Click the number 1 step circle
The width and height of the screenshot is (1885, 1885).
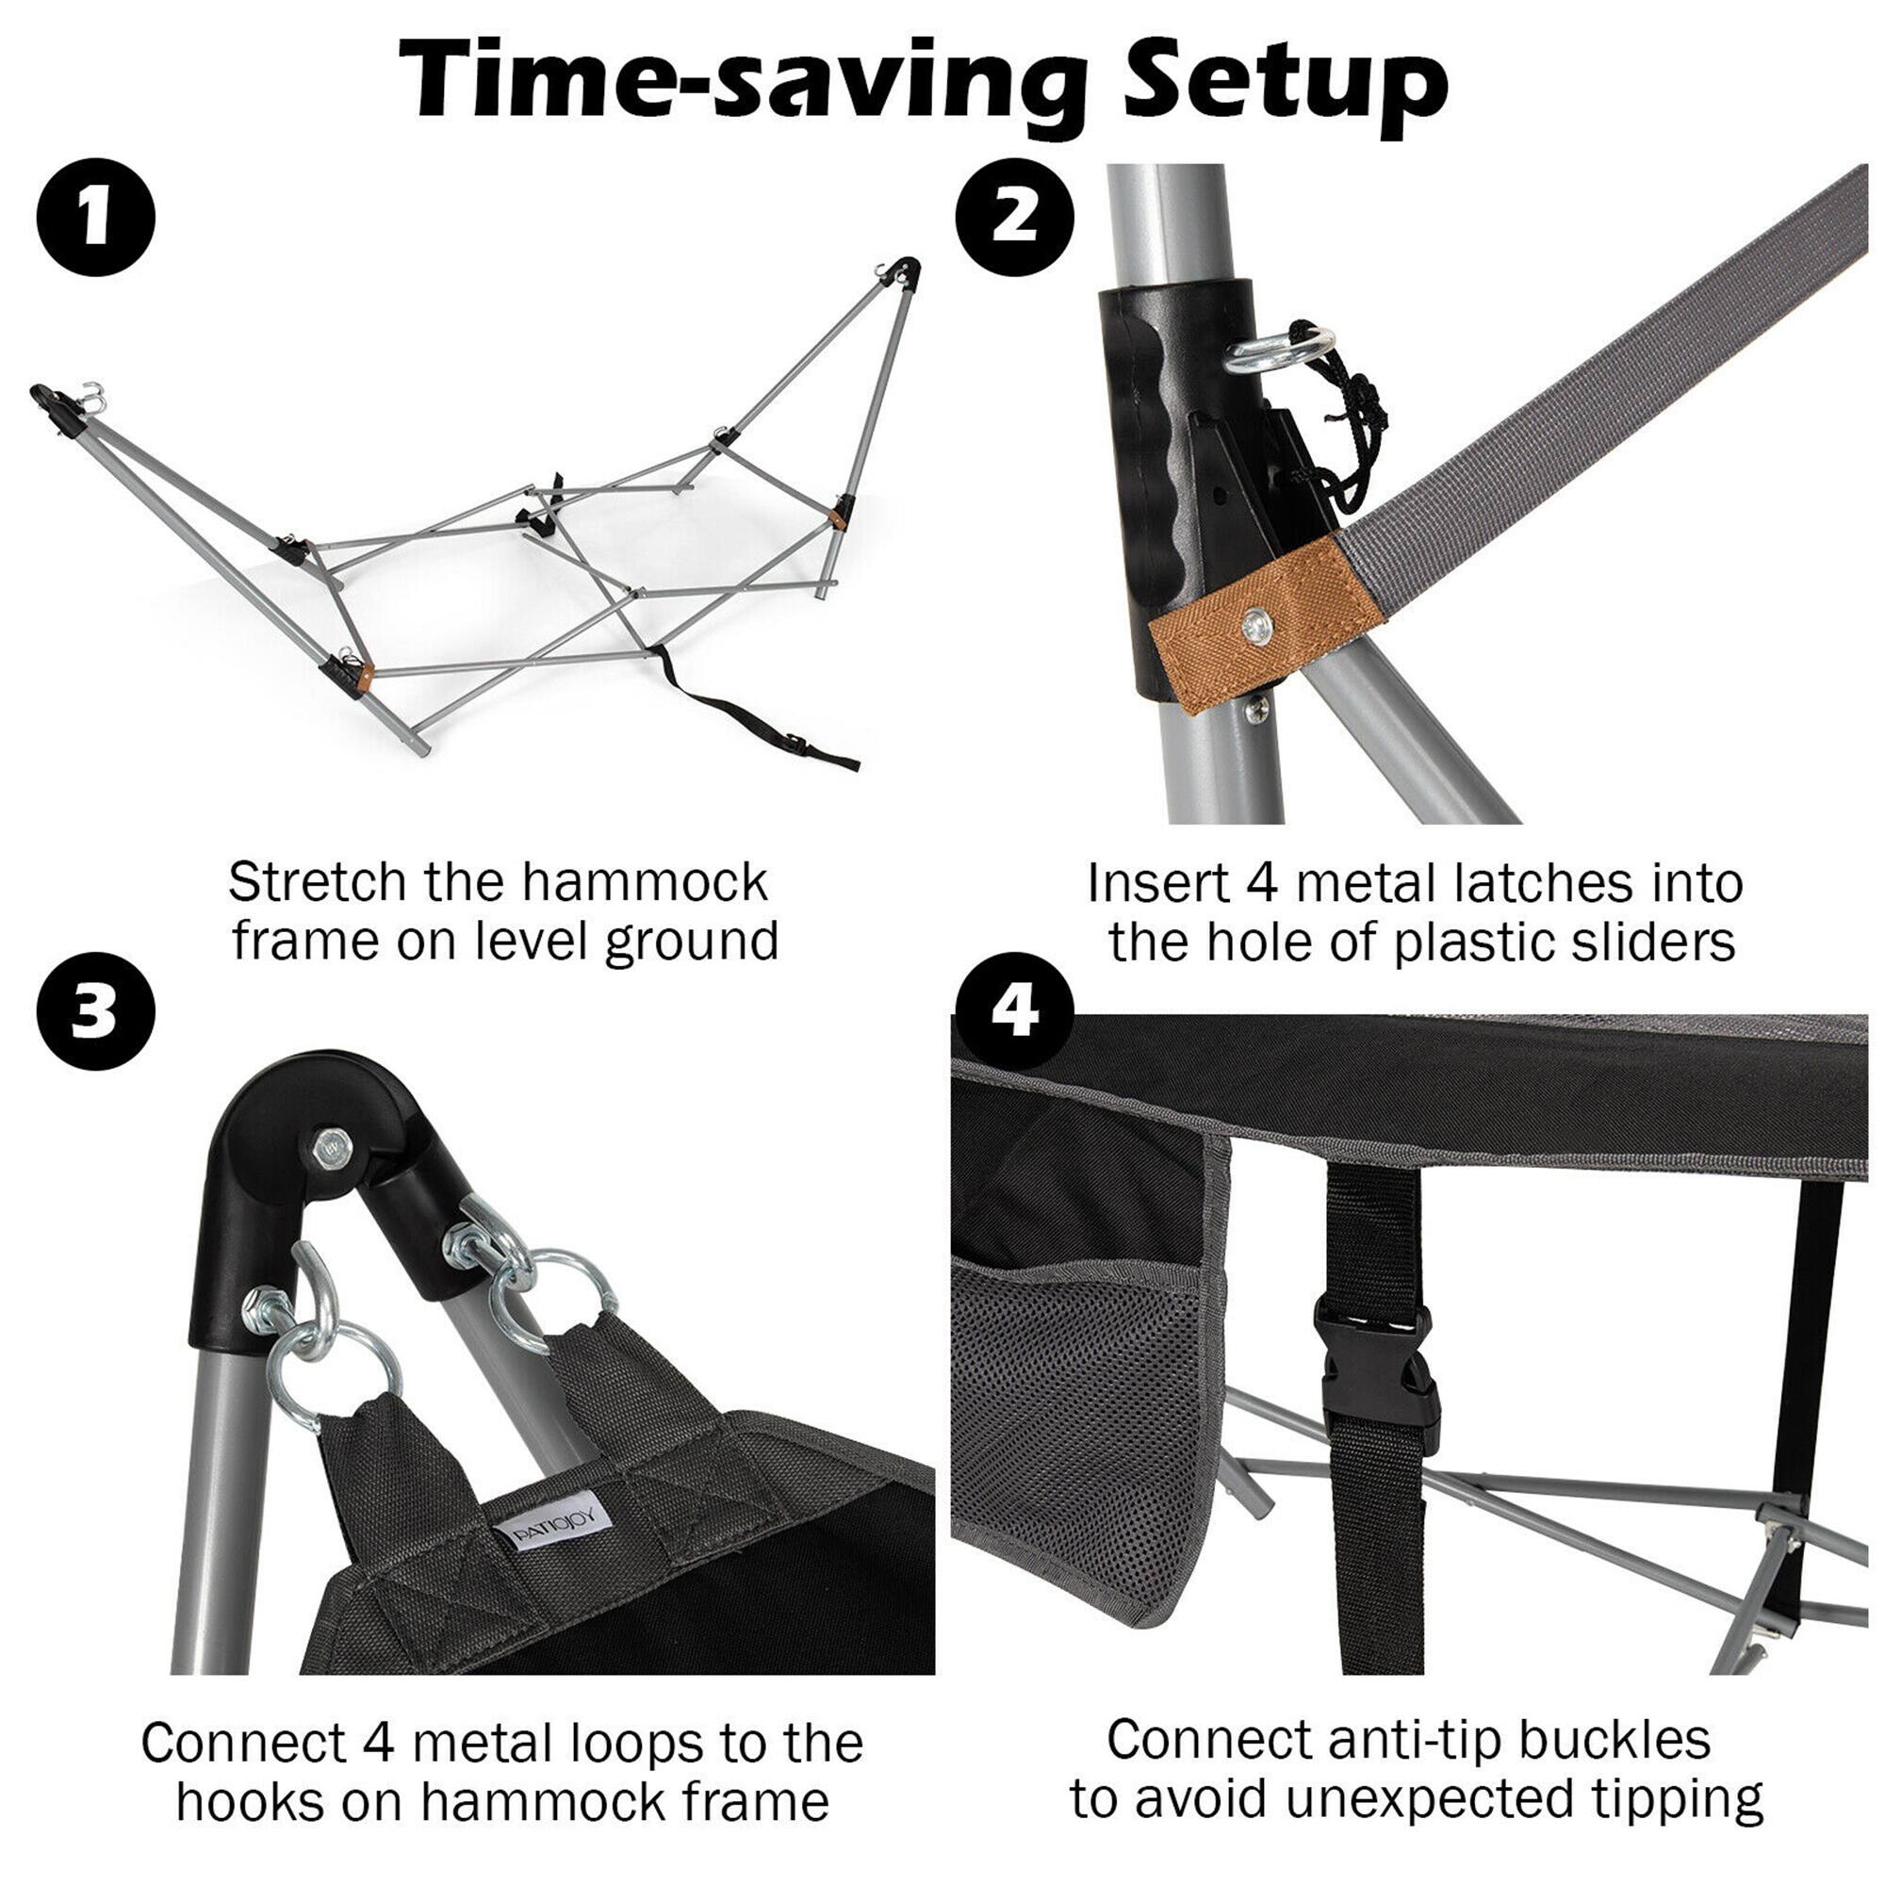click(95, 218)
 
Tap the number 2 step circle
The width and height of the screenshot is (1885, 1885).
click(1014, 218)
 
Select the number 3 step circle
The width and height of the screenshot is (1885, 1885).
click(95, 1011)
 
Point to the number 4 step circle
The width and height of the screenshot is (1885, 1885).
click(1014, 1011)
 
